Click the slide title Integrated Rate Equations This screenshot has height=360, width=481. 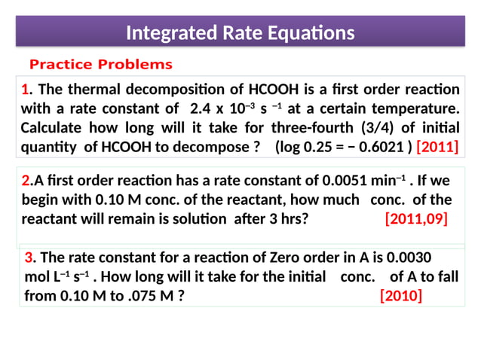coord(240,33)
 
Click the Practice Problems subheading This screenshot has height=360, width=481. coord(100,64)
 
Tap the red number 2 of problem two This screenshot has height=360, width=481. coord(26,181)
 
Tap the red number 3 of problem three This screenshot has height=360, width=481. coord(29,256)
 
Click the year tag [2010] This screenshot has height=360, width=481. coord(401,295)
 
